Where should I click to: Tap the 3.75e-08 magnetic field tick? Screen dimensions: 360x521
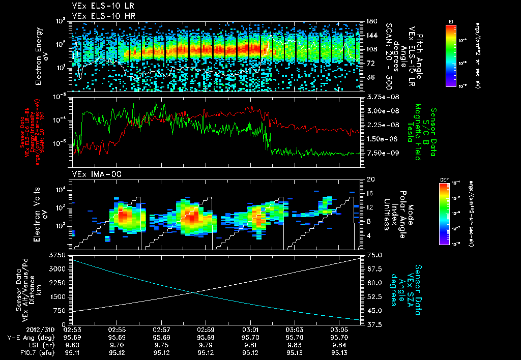380,97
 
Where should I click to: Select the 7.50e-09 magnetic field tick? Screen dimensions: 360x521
380,153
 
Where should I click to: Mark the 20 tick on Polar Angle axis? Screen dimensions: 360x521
369,179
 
